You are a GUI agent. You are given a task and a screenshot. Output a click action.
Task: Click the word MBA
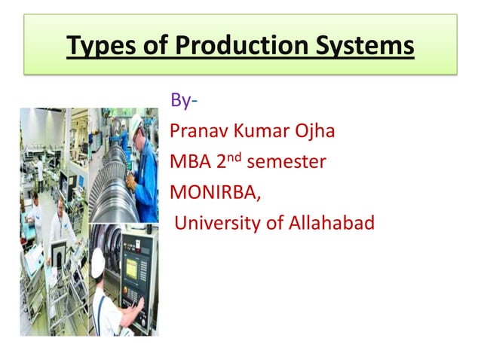pyautogui.click(x=191, y=162)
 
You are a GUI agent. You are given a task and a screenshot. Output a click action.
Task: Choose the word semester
pyautogui.click(x=286, y=162)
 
